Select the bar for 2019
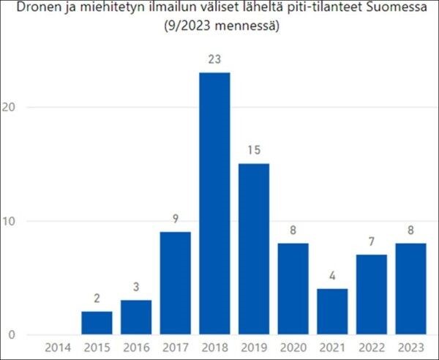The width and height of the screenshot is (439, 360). (x=254, y=249)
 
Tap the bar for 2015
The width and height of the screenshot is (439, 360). (x=97, y=323)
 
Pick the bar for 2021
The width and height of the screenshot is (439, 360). (x=332, y=312)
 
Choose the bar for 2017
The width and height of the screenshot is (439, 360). (x=175, y=283)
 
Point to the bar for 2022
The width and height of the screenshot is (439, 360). (x=372, y=295)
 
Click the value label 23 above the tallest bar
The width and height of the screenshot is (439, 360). (x=214, y=59)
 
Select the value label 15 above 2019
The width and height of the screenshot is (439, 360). (x=254, y=150)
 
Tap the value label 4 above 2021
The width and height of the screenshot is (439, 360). (x=332, y=275)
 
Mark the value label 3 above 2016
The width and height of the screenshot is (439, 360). (x=136, y=287)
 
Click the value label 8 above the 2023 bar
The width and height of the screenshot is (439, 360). (x=411, y=230)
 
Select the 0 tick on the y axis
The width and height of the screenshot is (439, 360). (x=12, y=335)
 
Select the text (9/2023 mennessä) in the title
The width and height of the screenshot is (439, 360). (x=219, y=27)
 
